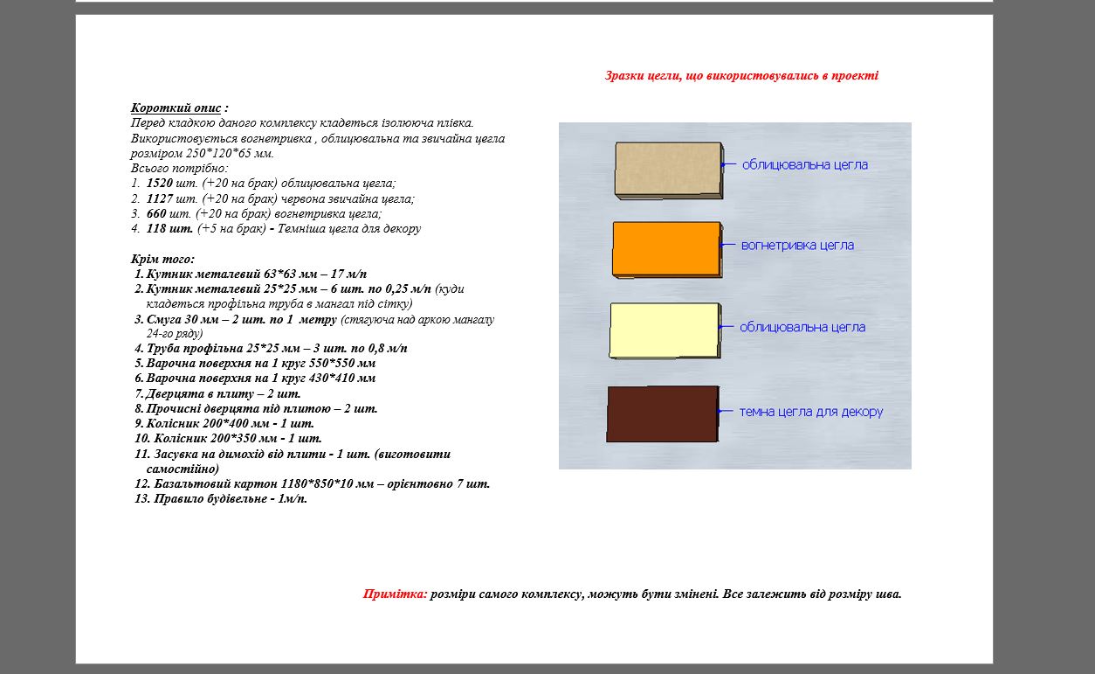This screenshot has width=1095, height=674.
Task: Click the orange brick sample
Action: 667,250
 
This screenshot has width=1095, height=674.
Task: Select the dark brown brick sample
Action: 663,414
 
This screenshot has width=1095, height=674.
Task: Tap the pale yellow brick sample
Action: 665,330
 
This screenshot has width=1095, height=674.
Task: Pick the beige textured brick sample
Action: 669,170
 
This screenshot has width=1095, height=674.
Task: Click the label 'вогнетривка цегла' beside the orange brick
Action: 797,246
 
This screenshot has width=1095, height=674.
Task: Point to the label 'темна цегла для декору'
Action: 811,412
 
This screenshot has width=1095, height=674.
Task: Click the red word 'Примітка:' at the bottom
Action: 395,594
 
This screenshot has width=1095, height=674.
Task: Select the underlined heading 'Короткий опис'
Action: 176,108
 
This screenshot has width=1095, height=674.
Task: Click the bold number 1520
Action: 160,183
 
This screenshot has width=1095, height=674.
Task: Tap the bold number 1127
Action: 160,198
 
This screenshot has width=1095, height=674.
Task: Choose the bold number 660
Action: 156,213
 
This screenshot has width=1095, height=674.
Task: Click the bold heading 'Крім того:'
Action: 162,259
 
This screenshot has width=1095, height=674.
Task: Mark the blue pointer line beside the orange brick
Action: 728,245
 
